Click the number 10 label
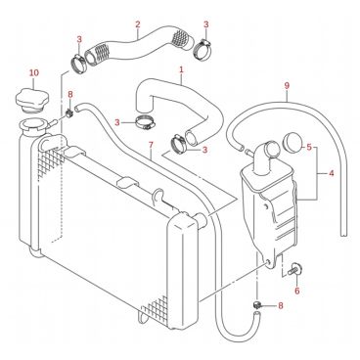click(x=34, y=72)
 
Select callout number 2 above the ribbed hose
click(x=138, y=24)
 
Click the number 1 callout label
click(x=181, y=69)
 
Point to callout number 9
click(x=287, y=86)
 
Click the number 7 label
click(x=151, y=145)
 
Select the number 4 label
click(x=332, y=173)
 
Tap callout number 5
click(x=309, y=148)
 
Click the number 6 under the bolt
click(x=296, y=291)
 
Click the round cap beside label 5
click(x=294, y=141)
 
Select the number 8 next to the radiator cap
click(x=70, y=95)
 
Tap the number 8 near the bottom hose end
click(x=280, y=305)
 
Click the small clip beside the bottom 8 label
click(x=257, y=305)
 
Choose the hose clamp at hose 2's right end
click(x=203, y=49)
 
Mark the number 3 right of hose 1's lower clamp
click(x=205, y=150)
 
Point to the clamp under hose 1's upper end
click(x=145, y=122)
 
